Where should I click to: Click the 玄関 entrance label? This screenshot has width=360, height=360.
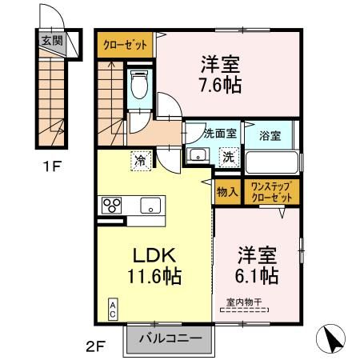click(x=50, y=38)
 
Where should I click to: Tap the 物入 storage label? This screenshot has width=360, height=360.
click(x=227, y=192)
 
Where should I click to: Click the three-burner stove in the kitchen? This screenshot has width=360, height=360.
click(x=110, y=206)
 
